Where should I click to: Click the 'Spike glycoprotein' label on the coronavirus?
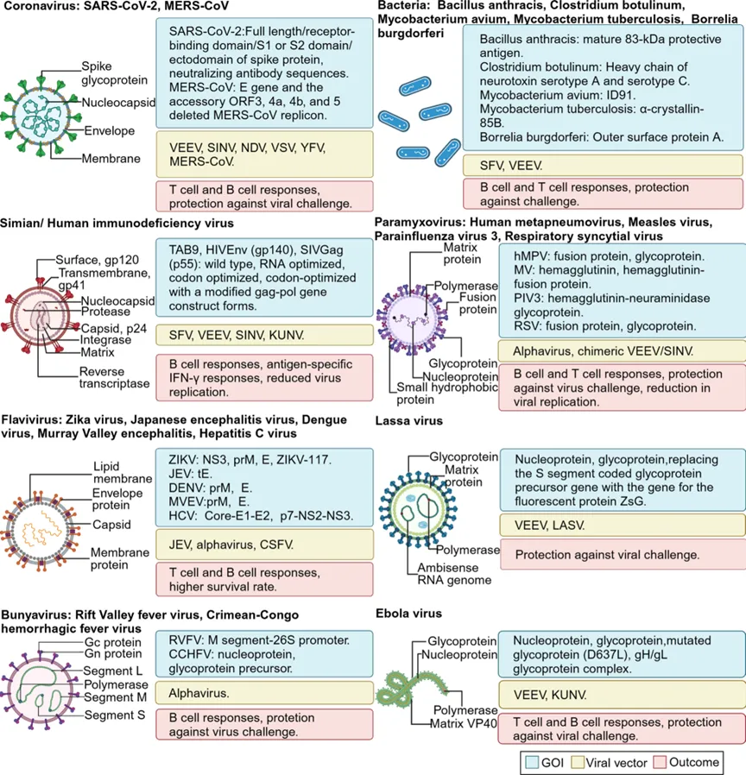pos(110,73)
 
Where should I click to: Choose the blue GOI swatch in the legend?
pos(533,762)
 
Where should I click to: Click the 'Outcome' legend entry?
pos(698,762)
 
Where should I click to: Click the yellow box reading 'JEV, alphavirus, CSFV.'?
pos(264,544)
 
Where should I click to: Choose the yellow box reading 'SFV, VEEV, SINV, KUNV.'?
pos(264,334)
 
